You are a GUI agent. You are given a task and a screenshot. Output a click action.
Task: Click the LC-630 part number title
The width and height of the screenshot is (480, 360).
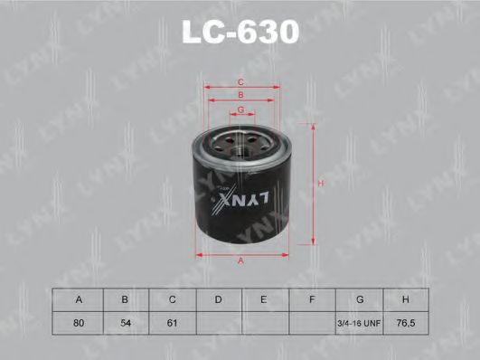tap(240, 33)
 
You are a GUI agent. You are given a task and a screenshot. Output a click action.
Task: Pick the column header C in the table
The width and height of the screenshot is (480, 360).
tap(172, 298)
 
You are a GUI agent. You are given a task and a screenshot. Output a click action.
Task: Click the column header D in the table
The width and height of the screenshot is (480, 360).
tap(219, 298)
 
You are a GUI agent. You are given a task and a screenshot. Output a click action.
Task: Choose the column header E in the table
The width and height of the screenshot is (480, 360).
tap(265, 298)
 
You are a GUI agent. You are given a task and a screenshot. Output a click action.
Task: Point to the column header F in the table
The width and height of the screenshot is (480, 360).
tap(312, 298)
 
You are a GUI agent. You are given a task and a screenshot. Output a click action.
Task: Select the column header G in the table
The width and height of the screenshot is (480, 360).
tap(359, 298)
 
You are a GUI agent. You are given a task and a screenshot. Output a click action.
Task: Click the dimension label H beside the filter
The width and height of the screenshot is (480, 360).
tap(320, 185)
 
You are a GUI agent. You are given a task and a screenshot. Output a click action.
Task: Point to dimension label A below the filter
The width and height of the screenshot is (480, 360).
tap(240, 261)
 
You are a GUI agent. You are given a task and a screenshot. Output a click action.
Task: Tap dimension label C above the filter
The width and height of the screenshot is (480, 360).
tap(241, 81)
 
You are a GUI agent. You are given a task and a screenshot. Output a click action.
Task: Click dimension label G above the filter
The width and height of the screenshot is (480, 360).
tap(241, 109)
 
